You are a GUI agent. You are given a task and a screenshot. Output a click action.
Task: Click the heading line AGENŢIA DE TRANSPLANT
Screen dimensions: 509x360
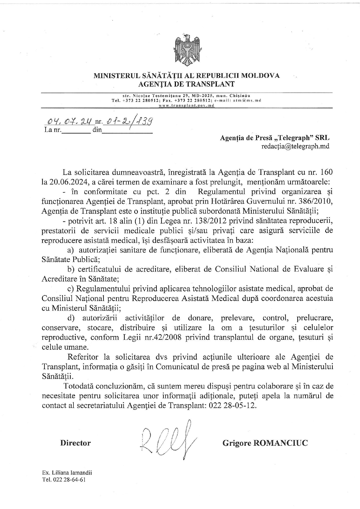186,84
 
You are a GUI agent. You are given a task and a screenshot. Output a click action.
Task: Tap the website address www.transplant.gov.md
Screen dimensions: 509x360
186,105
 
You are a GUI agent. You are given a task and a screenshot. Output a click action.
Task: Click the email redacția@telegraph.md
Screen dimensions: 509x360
295,146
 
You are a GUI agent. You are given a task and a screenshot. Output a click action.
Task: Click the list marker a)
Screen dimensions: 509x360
70,250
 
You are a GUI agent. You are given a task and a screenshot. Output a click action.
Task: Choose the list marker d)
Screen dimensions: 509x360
71,318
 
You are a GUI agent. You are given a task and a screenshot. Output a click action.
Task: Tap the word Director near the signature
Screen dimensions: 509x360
75,443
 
